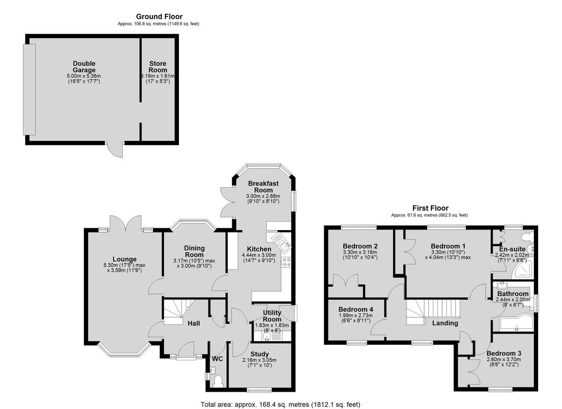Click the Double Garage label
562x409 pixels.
pyautogui.click(x=84, y=67)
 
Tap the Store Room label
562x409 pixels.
pyautogui.click(x=157, y=67)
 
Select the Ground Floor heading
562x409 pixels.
pyautogui.click(x=159, y=16)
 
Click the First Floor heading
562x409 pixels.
pyautogui.click(x=430, y=208)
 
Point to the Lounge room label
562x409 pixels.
pyautogui.click(x=125, y=259)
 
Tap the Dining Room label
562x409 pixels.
pyautogui.click(x=194, y=251)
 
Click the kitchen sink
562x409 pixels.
pyautogui.click(x=281, y=242)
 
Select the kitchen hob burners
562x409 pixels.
pyautogui.click(x=286, y=262)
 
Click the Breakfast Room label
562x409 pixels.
pyautogui.click(x=263, y=186)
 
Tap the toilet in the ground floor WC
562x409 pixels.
pyautogui.click(x=217, y=382)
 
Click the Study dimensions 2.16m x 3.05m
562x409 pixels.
pyautogui.click(x=259, y=360)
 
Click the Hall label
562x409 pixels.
pyautogui.click(x=194, y=323)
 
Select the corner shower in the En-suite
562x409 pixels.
pyautogui.click(x=524, y=269)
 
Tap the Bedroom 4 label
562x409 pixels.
pyautogui.click(x=355, y=309)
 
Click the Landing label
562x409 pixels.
pyautogui.click(x=445, y=323)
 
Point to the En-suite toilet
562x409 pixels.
pyautogui.click(x=527, y=237)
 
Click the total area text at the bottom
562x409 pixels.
pyautogui.click(x=280, y=404)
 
